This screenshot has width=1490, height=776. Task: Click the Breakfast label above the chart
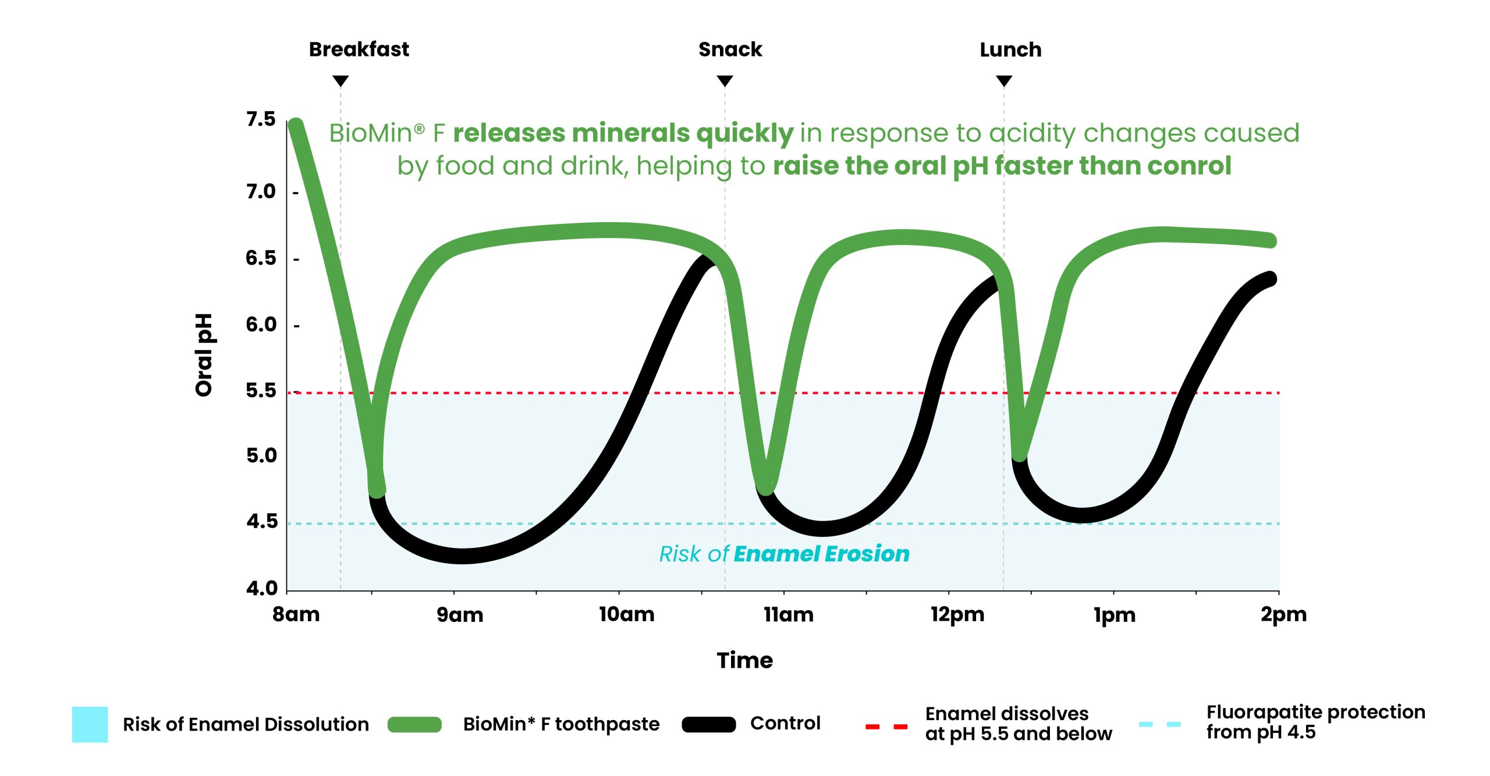tap(359, 49)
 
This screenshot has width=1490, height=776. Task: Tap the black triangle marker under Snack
tap(725, 81)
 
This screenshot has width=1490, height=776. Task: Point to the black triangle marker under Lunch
tap(1004, 81)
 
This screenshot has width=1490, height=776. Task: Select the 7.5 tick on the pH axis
tap(261, 119)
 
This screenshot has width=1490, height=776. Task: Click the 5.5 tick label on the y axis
tap(261, 390)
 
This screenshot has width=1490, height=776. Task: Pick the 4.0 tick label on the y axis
tap(262, 588)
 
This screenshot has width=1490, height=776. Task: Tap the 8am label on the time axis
tap(296, 614)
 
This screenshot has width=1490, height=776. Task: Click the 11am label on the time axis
tap(789, 614)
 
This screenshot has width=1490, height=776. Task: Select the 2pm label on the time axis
tap(1283, 614)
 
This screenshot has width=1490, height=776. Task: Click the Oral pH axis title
tap(204, 355)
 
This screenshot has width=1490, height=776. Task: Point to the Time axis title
tap(744, 660)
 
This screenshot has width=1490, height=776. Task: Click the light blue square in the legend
tap(90, 724)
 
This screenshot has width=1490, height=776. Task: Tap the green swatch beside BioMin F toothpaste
tap(414, 724)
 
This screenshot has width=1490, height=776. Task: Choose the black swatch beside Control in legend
tap(708, 724)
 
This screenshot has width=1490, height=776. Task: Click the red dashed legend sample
tap(886, 726)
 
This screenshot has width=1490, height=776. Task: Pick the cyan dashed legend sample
tap(1159, 724)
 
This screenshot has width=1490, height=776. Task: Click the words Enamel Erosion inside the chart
tap(821, 554)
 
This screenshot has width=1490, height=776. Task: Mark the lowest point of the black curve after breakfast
tap(462, 556)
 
